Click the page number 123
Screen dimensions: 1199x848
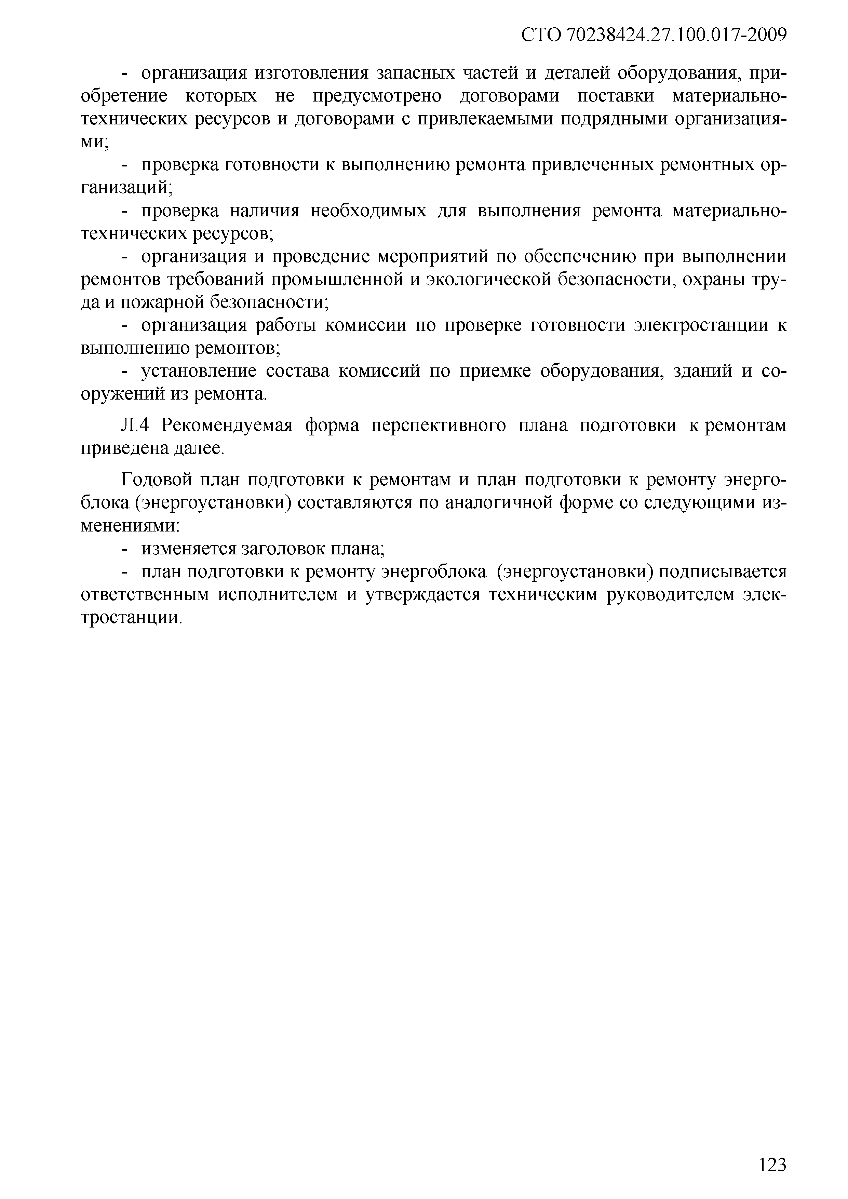[772, 1164]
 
